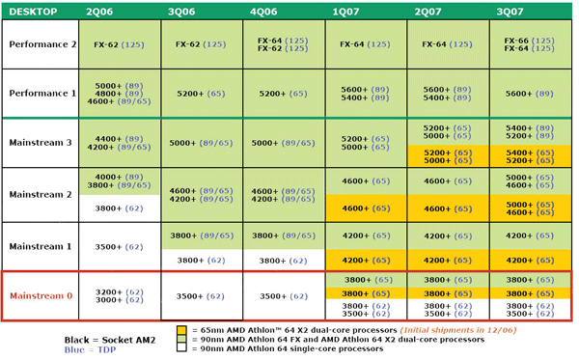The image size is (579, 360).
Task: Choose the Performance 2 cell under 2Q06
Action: coord(121,44)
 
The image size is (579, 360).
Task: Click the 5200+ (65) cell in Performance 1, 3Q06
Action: coord(203,94)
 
